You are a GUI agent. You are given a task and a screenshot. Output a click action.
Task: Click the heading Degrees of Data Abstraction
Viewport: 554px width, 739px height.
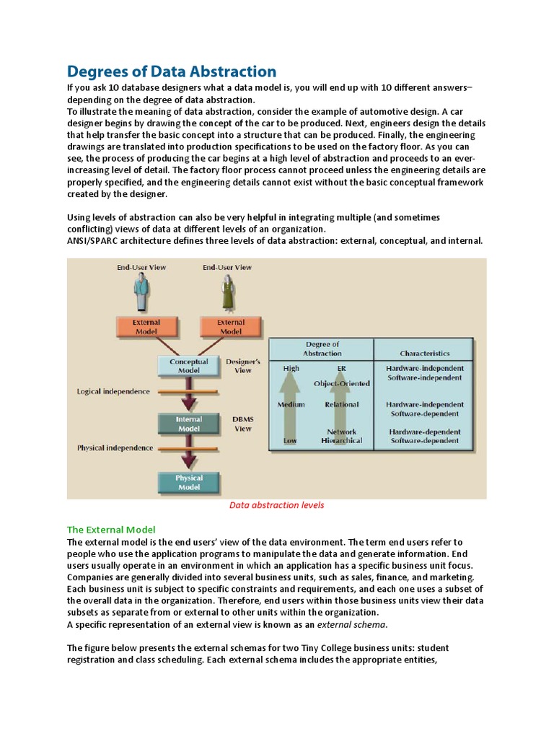[x=172, y=71]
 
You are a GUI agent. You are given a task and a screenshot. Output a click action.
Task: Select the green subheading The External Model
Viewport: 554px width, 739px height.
[x=111, y=529]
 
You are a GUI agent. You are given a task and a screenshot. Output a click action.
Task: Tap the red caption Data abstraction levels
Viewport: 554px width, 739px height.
[x=276, y=504]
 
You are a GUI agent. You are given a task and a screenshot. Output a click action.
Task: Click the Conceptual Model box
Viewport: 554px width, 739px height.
[x=188, y=366]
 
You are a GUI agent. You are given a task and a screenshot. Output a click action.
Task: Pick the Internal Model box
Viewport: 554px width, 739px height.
[x=188, y=424]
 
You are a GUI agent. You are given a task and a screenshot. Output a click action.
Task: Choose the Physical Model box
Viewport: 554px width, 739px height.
[x=188, y=482]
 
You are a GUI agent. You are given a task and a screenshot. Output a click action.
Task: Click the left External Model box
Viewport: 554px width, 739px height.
[x=146, y=327]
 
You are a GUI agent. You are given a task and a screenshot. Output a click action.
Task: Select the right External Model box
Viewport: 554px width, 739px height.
[x=230, y=327]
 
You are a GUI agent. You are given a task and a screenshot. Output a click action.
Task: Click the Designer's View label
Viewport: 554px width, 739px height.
[x=243, y=365]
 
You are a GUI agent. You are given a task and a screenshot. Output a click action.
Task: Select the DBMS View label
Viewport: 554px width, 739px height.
[x=243, y=424]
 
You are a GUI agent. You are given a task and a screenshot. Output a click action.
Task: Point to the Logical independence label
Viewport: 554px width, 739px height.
[x=113, y=391]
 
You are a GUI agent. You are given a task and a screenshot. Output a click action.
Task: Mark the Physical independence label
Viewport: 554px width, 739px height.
[x=115, y=448]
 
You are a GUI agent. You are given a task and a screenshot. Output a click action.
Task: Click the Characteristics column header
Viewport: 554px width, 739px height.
[x=424, y=353]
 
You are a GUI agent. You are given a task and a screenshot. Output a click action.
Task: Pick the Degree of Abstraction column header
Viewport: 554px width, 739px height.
[x=322, y=349]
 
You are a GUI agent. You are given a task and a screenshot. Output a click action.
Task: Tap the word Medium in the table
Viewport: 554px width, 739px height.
[x=291, y=404]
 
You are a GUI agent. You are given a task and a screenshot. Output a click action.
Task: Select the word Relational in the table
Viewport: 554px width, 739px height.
[x=341, y=404]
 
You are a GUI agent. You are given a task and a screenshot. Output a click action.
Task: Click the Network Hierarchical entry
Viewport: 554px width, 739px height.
[x=341, y=436]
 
